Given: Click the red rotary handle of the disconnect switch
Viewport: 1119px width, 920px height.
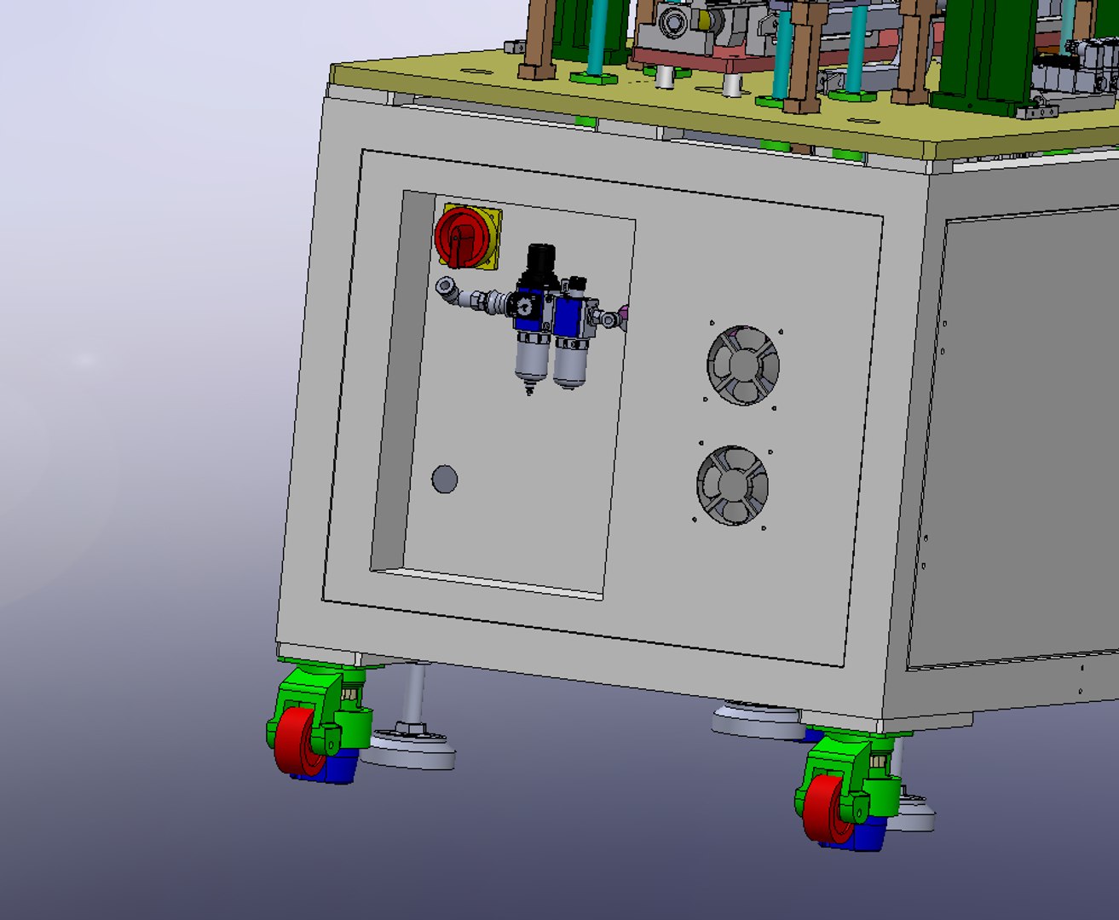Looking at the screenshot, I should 459,236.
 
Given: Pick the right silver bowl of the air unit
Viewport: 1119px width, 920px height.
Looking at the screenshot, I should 570,362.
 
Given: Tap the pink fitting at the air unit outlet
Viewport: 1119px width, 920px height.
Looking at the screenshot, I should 624,316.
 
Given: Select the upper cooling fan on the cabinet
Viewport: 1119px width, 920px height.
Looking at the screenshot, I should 742,365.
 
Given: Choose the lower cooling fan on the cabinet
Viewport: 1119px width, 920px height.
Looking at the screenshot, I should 732,485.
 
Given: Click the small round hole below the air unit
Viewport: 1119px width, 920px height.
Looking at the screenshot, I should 444,480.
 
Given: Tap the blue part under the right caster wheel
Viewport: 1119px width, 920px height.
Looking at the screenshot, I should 862,835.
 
